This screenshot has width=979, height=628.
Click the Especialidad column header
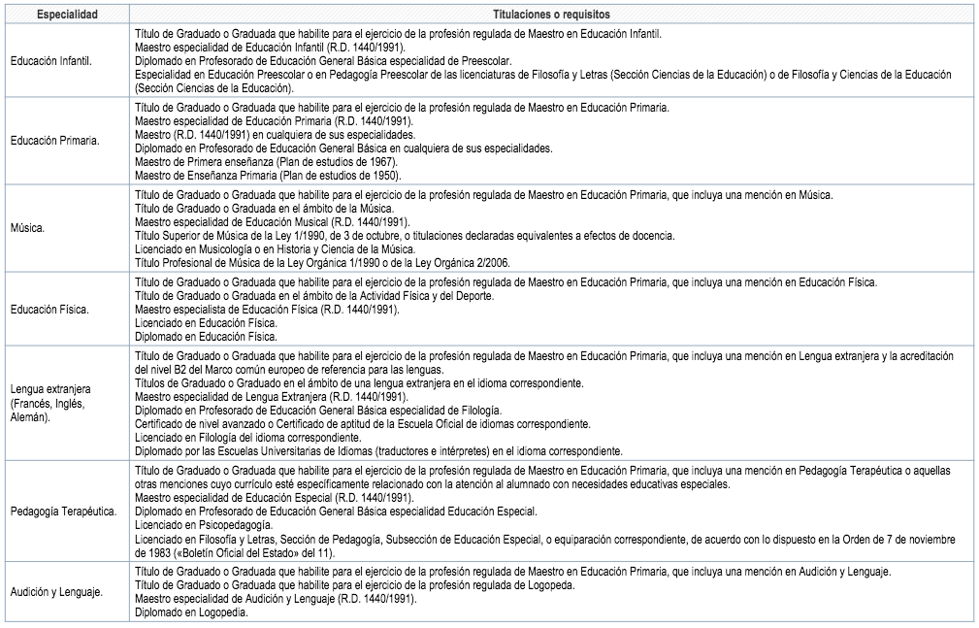[x=64, y=15]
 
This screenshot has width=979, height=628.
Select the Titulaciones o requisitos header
[x=549, y=15]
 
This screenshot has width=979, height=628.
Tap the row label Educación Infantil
[x=50, y=61]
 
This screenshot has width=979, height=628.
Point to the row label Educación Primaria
[x=52, y=141]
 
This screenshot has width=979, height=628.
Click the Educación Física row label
[x=49, y=310]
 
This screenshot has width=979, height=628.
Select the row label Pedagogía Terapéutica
[x=63, y=511]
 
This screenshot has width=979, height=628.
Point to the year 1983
[x=147, y=551]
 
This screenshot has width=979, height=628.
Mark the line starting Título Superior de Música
[x=404, y=236]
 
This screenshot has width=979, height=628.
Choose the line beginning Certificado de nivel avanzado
[x=362, y=424]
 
